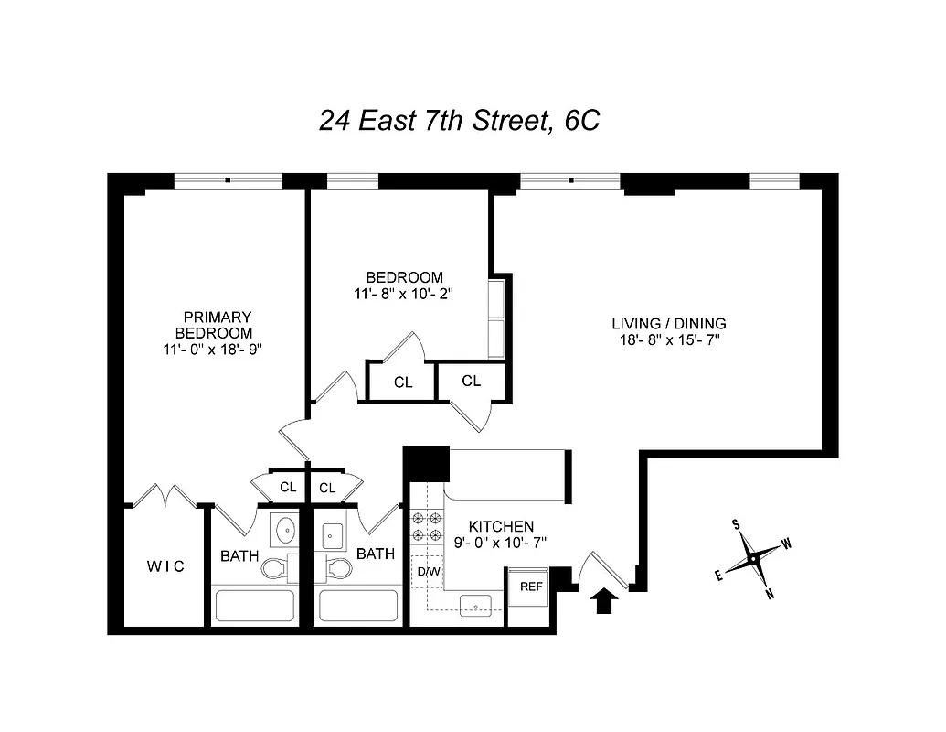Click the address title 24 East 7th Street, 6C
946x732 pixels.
[459, 120]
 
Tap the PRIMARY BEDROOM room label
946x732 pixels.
[217, 325]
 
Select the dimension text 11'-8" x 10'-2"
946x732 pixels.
[404, 294]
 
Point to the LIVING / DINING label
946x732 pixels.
[668, 323]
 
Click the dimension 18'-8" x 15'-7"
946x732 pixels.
[668, 340]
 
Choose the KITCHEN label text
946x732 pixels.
[501, 527]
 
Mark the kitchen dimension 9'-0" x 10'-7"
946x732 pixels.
[501, 544]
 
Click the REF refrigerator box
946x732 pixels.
[529, 587]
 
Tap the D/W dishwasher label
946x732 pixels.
[428, 573]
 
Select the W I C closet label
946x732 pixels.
[165, 566]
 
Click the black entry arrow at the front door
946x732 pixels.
[603, 601]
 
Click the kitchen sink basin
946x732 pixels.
[475, 605]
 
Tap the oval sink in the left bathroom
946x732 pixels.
[285, 529]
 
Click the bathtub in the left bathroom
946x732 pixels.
[254, 606]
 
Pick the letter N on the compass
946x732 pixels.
[770, 594]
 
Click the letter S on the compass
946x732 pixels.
[735, 524]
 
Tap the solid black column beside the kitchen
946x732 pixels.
[426, 462]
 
